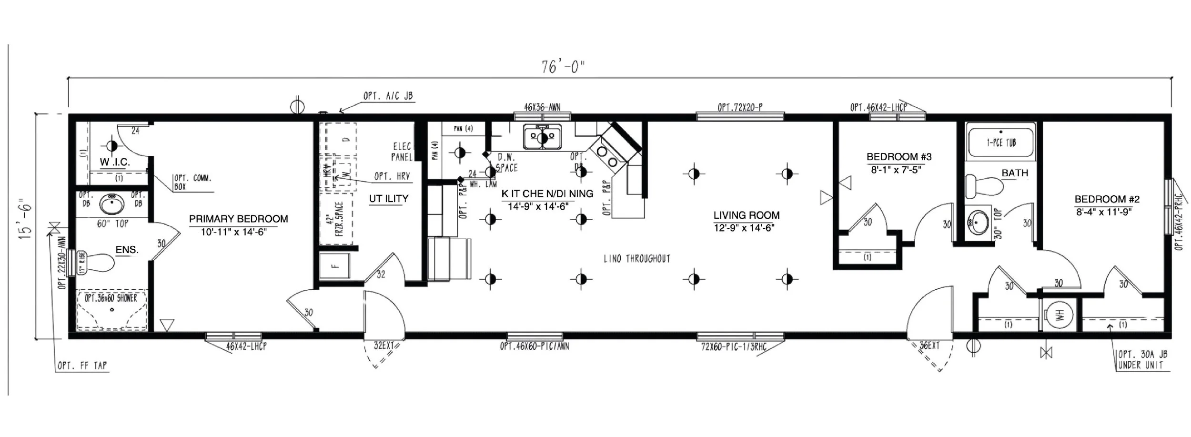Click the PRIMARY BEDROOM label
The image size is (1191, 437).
[238, 219]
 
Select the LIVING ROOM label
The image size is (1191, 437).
[746, 215]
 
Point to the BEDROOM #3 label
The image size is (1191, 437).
[898, 157]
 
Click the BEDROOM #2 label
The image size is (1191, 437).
[1106, 199]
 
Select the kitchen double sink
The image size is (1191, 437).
[542, 138]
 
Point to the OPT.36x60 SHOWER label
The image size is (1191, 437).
[111, 298]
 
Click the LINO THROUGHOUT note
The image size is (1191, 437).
[636, 259]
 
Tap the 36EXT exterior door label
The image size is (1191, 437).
[929, 346]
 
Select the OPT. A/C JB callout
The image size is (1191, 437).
[388, 96]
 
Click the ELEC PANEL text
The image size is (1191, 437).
[402, 152]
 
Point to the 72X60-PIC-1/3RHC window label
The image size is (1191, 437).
[734, 347]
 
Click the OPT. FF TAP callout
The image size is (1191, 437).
[82, 366]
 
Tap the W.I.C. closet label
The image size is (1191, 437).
[114, 162]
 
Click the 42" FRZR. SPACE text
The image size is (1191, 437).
[333, 219]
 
